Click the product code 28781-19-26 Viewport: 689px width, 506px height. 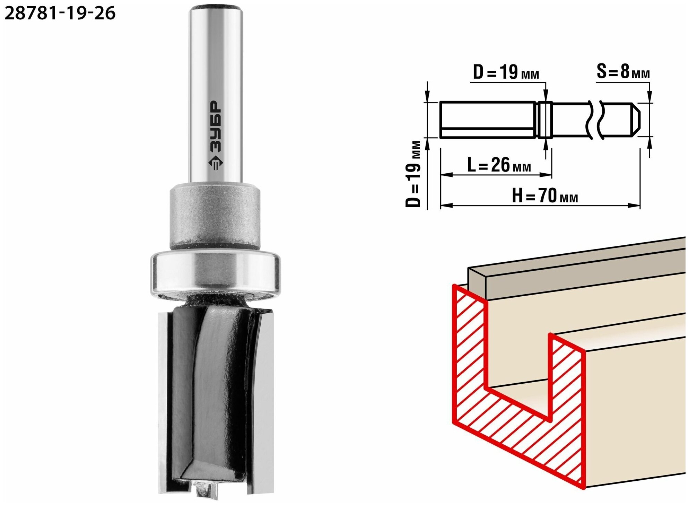[60, 14]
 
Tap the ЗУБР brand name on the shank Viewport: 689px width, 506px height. [215, 126]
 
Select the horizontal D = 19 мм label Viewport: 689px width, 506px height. [506, 72]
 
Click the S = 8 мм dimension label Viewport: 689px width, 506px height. [623, 72]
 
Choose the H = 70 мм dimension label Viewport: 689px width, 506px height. [545, 195]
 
